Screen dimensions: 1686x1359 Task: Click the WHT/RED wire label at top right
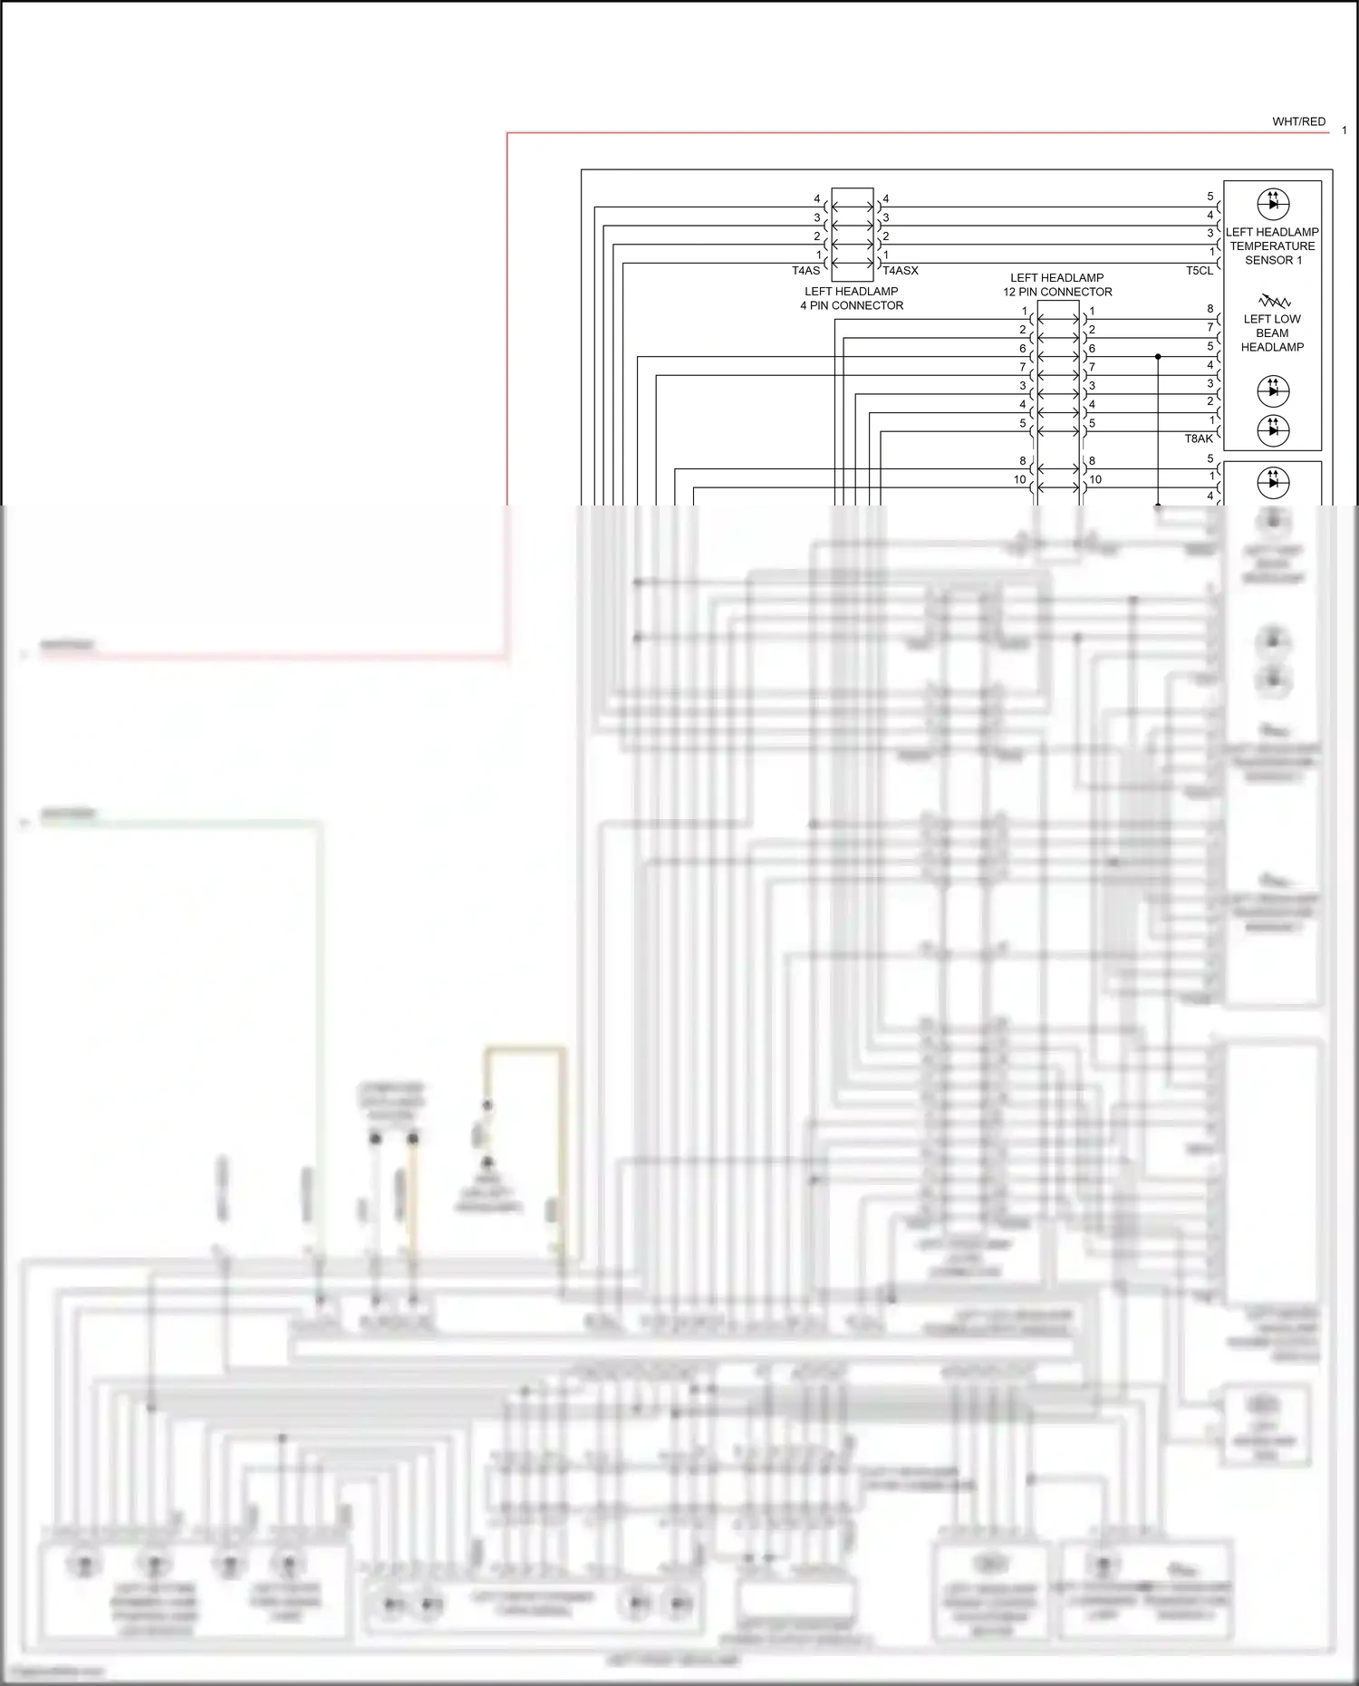coord(1298,121)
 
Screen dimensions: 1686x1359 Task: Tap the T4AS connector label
coord(805,271)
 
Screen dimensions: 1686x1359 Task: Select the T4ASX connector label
coord(901,271)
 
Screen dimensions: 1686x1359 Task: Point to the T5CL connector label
coord(1199,271)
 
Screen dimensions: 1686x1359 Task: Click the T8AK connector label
coord(1199,438)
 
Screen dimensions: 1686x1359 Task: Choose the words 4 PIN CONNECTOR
coord(852,305)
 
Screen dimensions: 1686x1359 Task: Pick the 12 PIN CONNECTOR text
coord(1057,292)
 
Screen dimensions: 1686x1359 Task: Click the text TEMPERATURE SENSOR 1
coord(1272,253)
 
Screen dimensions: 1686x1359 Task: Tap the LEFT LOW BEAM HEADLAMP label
coord(1272,332)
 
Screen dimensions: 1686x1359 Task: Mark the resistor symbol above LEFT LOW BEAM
coord(1275,301)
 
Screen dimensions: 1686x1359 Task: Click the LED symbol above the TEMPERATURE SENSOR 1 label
coord(1273,204)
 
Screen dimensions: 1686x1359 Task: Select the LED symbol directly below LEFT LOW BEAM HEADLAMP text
coord(1273,390)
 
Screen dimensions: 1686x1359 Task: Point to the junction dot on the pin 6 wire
coord(1158,357)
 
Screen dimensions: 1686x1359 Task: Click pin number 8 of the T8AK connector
coord(1210,309)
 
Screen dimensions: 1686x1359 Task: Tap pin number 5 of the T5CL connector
coord(1210,197)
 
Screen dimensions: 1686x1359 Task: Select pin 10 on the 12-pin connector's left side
coord(1019,479)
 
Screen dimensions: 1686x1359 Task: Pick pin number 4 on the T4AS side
coord(816,198)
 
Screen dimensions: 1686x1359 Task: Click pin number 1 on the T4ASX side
coord(886,255)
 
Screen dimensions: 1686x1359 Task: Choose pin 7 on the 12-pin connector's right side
coord(1092,367)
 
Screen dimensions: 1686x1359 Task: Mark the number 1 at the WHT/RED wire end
coord(1344,130)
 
